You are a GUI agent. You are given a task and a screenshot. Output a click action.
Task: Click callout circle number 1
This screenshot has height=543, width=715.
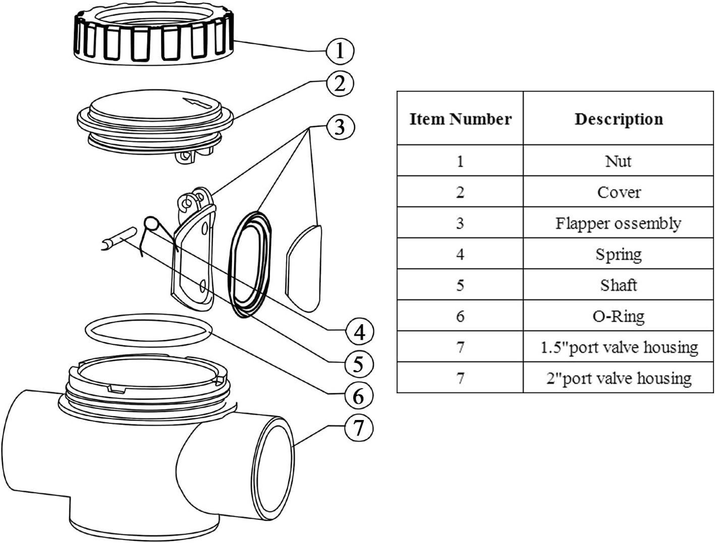340,50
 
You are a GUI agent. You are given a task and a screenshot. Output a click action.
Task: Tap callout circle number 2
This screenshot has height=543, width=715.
340,83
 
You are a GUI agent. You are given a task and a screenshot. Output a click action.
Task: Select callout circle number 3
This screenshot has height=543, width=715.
340,127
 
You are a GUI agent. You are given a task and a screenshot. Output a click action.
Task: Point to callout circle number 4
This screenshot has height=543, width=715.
359,332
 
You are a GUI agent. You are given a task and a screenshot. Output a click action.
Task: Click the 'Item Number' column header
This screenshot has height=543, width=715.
460,119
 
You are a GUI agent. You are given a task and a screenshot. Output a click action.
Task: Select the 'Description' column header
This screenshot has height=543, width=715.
619,119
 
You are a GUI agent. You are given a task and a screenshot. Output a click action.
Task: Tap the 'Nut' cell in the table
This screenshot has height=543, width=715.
619,161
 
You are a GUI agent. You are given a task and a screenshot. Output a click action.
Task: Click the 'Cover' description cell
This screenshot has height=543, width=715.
619,192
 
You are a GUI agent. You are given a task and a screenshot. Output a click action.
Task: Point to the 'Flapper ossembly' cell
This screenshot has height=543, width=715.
619,223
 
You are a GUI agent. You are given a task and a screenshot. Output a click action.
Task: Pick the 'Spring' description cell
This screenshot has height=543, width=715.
619,254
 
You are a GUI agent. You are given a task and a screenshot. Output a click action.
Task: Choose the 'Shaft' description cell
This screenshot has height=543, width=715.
619,285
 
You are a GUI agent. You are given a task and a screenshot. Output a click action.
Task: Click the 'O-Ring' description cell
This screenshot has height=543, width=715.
619,316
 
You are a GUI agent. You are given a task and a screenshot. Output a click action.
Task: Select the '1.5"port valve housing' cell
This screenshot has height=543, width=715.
619,347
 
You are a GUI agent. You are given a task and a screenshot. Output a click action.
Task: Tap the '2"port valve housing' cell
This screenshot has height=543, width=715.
619,378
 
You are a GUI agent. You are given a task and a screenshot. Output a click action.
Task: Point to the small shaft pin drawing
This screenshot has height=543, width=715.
119,238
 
